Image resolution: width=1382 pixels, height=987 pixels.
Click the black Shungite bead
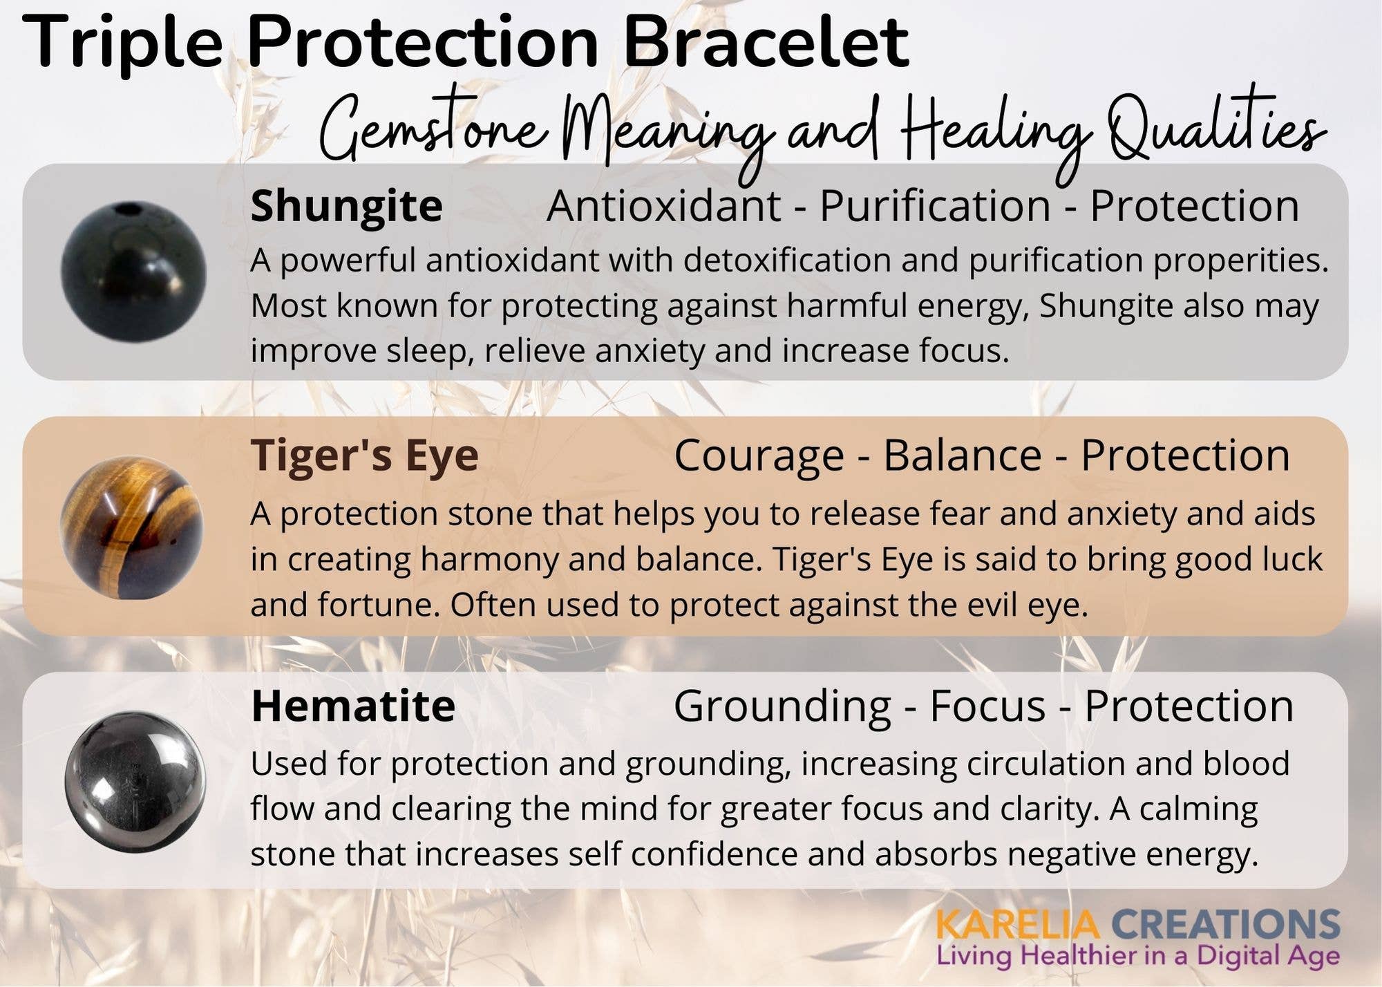(x=133, y=272)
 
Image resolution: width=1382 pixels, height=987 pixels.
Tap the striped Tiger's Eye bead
(x=131, y=527)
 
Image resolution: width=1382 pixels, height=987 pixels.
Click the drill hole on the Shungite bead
(x=128, y=209)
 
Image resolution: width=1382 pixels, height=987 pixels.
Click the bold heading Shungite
(x=346, y=206)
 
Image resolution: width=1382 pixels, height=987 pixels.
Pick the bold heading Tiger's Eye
(x=364, y=455)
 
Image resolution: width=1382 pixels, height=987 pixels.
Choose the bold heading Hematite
(x=353, y=706)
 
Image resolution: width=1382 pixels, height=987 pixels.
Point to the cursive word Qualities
(x=1216, y=131)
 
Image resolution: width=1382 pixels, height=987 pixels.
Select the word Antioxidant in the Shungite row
(x=663, y=206)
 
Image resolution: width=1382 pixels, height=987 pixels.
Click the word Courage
(x=759, y=456)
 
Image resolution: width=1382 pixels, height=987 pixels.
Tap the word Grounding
(x=782, y=706)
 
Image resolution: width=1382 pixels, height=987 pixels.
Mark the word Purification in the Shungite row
(x=935, y=206)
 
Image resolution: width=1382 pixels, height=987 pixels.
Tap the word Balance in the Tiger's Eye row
(x=962, y=456)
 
